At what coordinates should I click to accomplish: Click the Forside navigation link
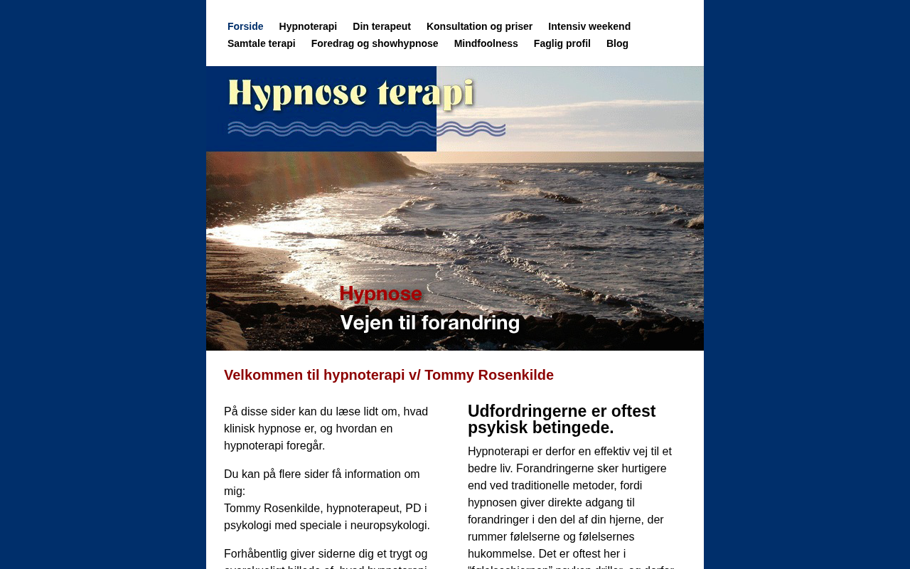(x=245, y=26)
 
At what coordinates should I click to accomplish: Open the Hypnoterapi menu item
(x=308, y=26)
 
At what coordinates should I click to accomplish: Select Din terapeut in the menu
(x=382, y=26)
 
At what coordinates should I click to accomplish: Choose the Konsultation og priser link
(x=479, y=26)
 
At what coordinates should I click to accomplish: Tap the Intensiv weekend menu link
(x=589, y=26)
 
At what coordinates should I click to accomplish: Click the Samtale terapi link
(x=261, y=43)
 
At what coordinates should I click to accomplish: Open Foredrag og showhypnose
(x=375, y=43)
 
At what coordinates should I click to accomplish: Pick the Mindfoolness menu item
(x=486, y=43)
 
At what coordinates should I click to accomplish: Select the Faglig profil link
(x=562, y=43)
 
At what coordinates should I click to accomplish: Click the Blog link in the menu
(x=617, y=43)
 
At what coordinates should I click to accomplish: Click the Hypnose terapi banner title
(x=350, y=94)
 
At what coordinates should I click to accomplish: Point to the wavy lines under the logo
(x=366, y=129)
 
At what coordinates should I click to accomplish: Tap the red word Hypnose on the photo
(x=380, y=294)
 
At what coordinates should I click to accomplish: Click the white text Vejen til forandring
(x=430, y=323)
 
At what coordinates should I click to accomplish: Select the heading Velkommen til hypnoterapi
(x=388, y=375)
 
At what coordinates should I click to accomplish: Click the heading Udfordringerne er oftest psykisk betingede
(x=562, y=420)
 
